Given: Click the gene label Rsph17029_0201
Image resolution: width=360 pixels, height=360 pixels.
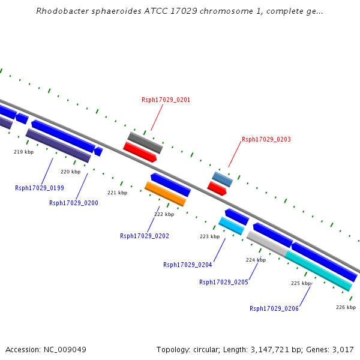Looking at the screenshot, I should pyautogui.click(x=166, y=100).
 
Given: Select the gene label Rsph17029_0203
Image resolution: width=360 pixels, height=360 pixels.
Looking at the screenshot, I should pyautogui.click(x=266, y=139).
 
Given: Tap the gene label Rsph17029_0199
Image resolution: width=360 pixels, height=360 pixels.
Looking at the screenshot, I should pyautogui.click(x=40, y=188).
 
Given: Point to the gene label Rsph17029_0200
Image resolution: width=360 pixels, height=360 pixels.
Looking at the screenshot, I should pyautogui.click(x=74, y=203).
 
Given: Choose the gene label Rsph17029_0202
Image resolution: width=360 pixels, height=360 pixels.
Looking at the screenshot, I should pyautogui.click(x=145, y=236).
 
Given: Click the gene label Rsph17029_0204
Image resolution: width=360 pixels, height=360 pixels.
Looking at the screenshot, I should pyautogui.click(x=188, y=265).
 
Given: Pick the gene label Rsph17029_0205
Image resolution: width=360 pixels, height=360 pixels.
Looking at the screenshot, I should pyautogui.click(x=224, y=282).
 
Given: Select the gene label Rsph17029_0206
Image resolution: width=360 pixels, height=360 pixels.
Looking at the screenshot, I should pyautogui.click(x=274, y=308).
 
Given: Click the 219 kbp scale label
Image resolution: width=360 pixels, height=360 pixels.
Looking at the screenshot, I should pyautogui.click(x=23, y=152).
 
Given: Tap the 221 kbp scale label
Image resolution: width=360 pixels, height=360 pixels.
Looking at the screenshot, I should pyautogui.click(x=117, y=193).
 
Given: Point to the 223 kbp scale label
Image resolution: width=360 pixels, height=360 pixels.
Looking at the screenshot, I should pyautogui.click(x=209, y=236).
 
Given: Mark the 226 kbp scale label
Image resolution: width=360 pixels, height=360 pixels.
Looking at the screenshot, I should pyautogui.click(x=346, y=307).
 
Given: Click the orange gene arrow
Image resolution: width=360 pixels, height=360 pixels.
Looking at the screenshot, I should pyautogui.click(x=165, y=194).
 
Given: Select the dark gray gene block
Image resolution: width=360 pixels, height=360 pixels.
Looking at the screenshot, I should pyautogui.click(x=145, y=143).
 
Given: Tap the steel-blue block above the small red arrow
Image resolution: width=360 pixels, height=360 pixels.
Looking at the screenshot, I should pyautogui.click(x=222, y=179).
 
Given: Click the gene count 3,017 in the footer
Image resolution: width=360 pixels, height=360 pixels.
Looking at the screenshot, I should pyautogui.click(x=342, y=349).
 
